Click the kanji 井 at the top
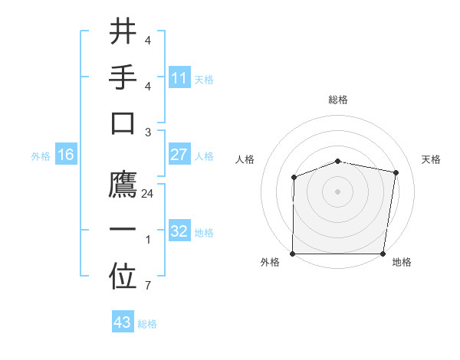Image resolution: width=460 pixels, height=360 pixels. pos(123,32)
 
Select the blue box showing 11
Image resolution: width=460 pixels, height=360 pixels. pos(179,78)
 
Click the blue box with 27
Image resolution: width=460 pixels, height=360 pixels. pos(179,155)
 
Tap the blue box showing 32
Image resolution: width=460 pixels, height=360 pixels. pos(179,231)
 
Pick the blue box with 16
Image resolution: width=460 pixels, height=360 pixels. pos(66,155)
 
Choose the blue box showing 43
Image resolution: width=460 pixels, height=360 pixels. pos(123,322)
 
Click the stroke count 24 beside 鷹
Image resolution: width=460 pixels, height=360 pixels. pos(148,194)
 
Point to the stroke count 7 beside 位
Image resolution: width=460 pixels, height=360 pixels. pos(148,286)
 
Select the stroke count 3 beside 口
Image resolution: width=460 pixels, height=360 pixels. pos(148,133)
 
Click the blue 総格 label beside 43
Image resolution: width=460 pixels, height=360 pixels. pos(147,324)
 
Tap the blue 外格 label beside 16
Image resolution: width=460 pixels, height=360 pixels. pos(41,156)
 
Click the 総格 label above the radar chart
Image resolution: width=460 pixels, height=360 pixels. pos(338,100)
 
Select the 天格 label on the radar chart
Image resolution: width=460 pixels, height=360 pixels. pos(431,159)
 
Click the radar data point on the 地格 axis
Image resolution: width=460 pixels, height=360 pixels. pos(383,254)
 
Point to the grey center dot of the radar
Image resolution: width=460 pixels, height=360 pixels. pos(338,191)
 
